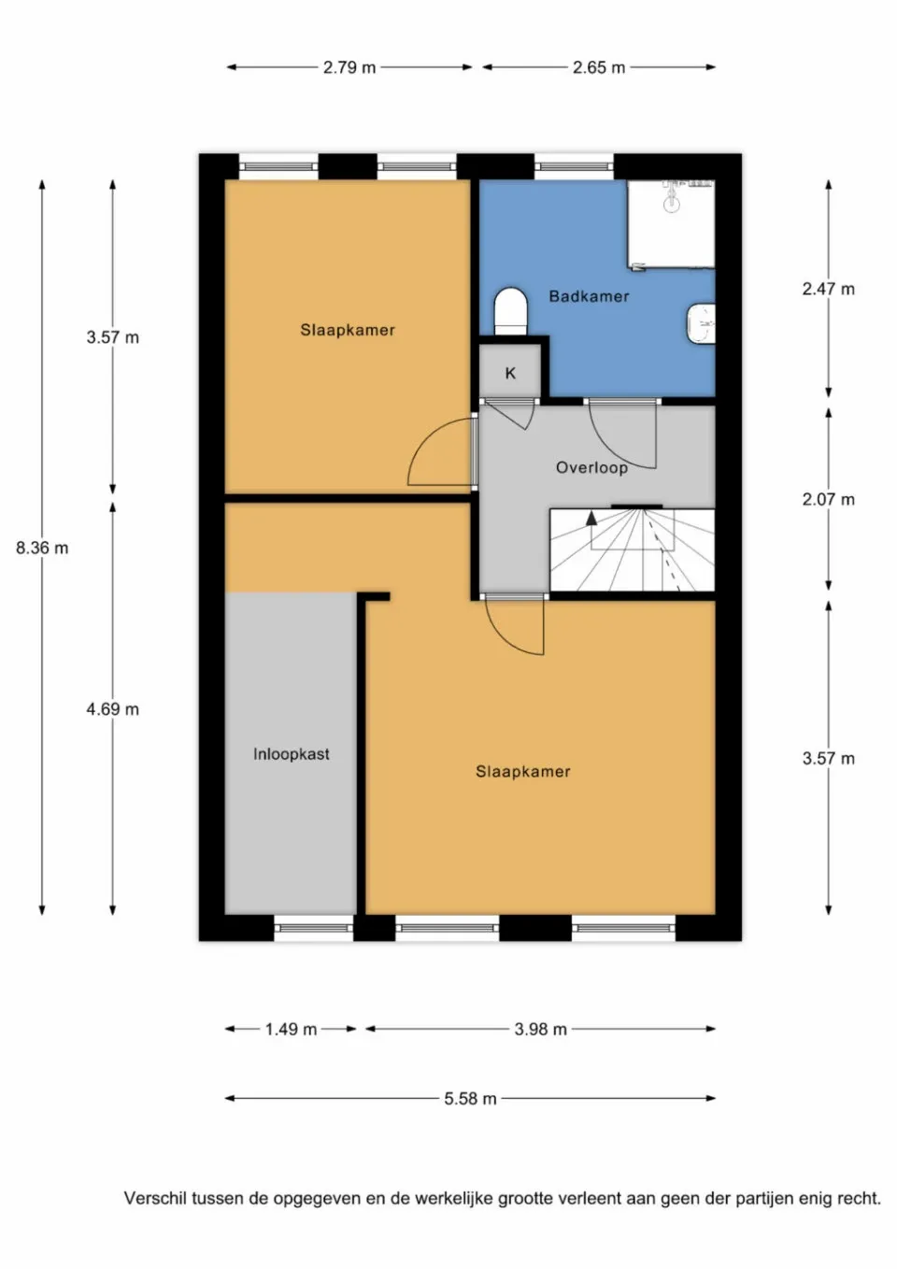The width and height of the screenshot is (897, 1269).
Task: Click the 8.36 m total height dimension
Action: (42, 549)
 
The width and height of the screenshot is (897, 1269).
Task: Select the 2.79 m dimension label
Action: (349, 67)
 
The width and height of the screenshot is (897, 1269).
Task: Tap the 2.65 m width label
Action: (599, 67)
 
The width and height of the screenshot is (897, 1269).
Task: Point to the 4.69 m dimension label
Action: (112, 709)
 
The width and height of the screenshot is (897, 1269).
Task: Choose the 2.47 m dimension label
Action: (828, 289)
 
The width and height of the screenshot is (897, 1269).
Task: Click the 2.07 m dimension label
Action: (828, 499)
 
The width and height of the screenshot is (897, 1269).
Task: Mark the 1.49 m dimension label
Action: (291, 1029)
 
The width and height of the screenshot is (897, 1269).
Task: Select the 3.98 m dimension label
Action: (540, 1029)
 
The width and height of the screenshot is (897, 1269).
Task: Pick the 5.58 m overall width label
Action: (470, 1099)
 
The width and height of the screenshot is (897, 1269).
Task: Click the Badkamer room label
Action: (589, 296)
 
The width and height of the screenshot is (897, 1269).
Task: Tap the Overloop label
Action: (591, 467)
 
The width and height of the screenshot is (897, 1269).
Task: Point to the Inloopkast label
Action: (291, 754)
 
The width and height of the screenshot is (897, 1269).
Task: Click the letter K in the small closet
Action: (510, 374)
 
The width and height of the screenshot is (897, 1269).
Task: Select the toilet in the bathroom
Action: (510, 311)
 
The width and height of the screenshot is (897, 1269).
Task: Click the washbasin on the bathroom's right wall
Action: (701, 323)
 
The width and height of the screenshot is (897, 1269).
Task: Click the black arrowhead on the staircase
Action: (591, 518)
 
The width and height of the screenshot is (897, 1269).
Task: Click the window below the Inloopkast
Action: (314, 927)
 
